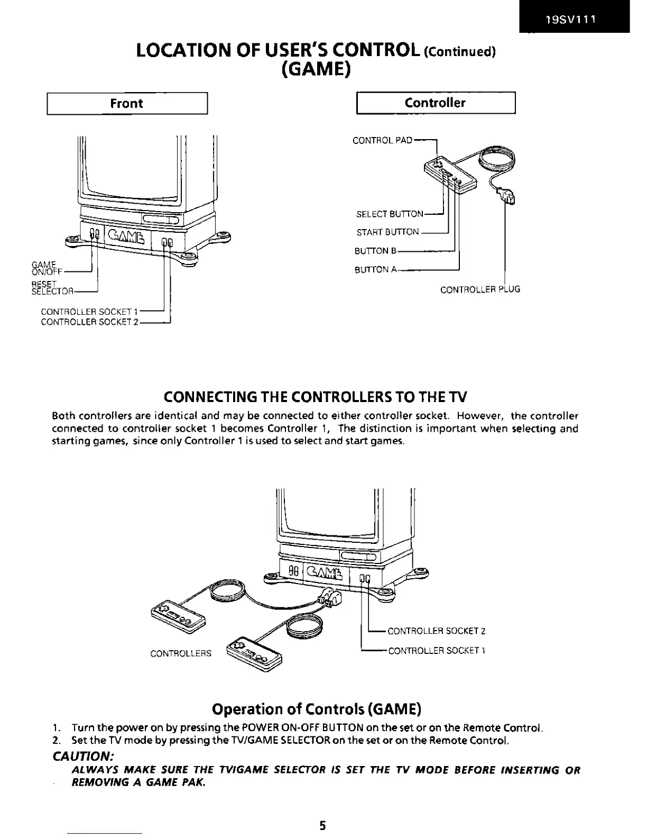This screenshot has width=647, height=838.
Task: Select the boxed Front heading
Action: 127,103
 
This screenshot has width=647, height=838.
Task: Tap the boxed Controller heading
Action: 435,103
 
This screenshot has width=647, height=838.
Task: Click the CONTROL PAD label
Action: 382,141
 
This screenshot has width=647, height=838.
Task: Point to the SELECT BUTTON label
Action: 390,214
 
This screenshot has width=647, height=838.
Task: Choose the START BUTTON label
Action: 387,232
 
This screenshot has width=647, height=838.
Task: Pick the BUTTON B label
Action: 375,251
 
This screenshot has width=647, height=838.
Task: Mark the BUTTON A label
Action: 375,270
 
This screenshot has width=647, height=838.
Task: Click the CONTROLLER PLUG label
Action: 480,290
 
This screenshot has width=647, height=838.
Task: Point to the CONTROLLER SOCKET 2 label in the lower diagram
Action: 436,631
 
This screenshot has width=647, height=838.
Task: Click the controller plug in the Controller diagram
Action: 507,197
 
